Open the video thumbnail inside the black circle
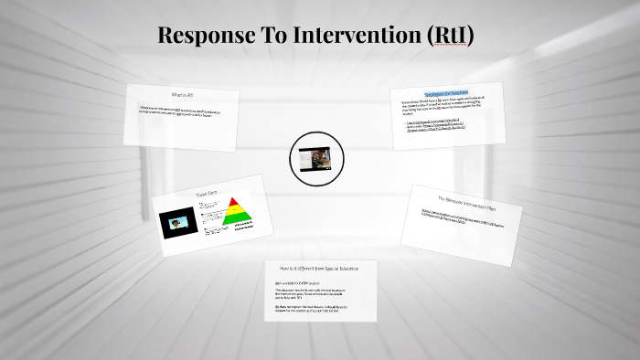(x=315, y=158)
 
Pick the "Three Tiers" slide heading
(x=207, y=194)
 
